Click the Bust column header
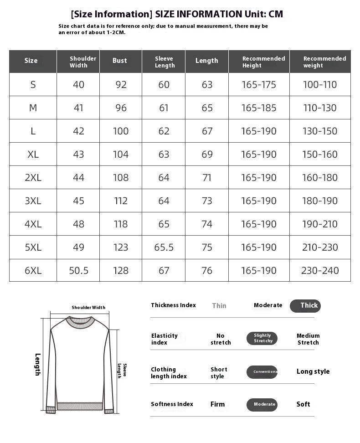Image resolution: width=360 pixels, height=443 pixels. click(x=120, y=61)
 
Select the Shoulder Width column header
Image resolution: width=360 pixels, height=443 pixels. click(x=82, y=62)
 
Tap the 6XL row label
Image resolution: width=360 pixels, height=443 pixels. click(x=33, y=270)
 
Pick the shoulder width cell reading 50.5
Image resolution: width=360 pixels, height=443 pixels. click(x=78, y=270)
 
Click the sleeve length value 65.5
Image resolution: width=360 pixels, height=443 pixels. click(x=164, y=247)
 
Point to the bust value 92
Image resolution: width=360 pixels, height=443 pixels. click(x=121, y=84)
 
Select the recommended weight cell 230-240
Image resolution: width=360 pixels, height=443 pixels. click(x=320, y=270)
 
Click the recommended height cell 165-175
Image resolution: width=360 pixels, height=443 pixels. click(x=258, y=84)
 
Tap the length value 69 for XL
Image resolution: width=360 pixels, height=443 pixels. click(x=207, y=154)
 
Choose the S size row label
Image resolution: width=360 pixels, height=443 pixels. click(x=33, y=84)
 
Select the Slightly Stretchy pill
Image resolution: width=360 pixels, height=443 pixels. click(x=262, y=338)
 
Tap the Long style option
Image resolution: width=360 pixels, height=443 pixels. click(x=313, y=371)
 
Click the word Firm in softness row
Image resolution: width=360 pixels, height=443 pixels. click(x=217, y=404)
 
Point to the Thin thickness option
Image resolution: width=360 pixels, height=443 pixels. click(x=219, y=306)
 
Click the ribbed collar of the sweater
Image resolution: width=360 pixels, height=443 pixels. click(x=80, y=322)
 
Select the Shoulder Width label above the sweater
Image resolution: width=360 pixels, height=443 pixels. click(x=88, y=308)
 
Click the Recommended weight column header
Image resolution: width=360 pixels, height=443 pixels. click(x=324, y=62)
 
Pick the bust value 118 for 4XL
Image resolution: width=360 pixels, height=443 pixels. click(x=121, y=224)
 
